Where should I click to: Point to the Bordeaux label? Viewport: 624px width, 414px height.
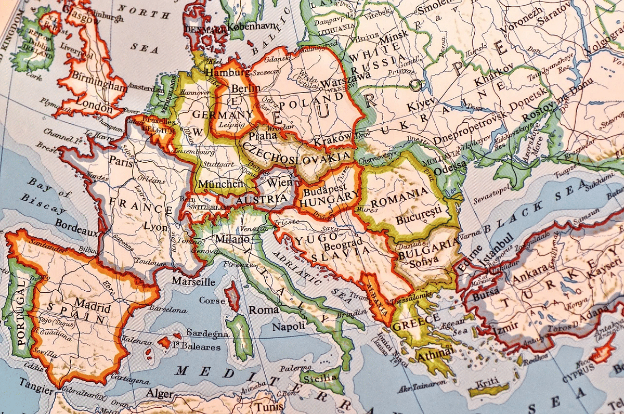point(76,226)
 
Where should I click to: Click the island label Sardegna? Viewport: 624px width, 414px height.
point(207,333)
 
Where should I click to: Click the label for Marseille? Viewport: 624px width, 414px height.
point(193,282)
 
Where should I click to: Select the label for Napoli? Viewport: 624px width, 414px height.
point(289,326)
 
